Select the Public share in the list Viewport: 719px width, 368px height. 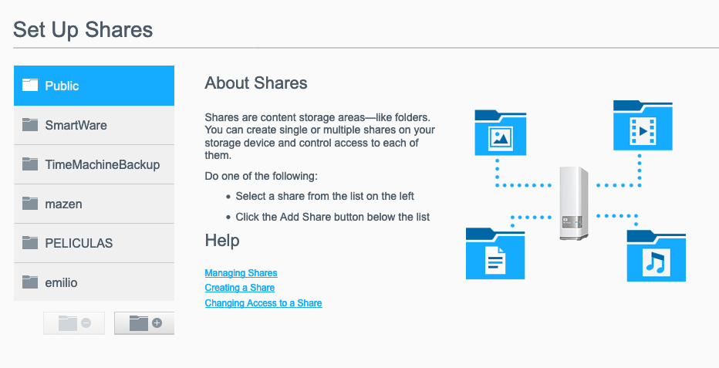click(94, 86)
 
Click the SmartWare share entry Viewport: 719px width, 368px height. click(94, 125)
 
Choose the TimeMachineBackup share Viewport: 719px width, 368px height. click(94, 164)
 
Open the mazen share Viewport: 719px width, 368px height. click(94, 204)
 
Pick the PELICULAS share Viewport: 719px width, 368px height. click(94, 243)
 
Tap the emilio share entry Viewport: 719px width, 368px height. click(94, 282)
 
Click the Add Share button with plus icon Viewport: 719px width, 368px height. click(144, 323)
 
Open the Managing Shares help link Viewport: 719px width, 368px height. click(241, 273)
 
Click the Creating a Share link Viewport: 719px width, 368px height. click(240, 288)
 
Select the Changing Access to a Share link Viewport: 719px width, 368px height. click(264, 303)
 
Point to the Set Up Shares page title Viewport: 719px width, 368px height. click(83, 30)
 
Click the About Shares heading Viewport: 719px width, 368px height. click(256, 83)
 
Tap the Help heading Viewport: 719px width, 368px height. click(222, 241)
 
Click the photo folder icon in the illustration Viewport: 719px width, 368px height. click(500, 133)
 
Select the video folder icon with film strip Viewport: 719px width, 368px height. click(643, 126)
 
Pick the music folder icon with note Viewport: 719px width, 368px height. click(657, 255)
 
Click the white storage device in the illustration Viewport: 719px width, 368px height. click(574, 204)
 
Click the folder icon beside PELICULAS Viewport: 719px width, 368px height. click(30, 242)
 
